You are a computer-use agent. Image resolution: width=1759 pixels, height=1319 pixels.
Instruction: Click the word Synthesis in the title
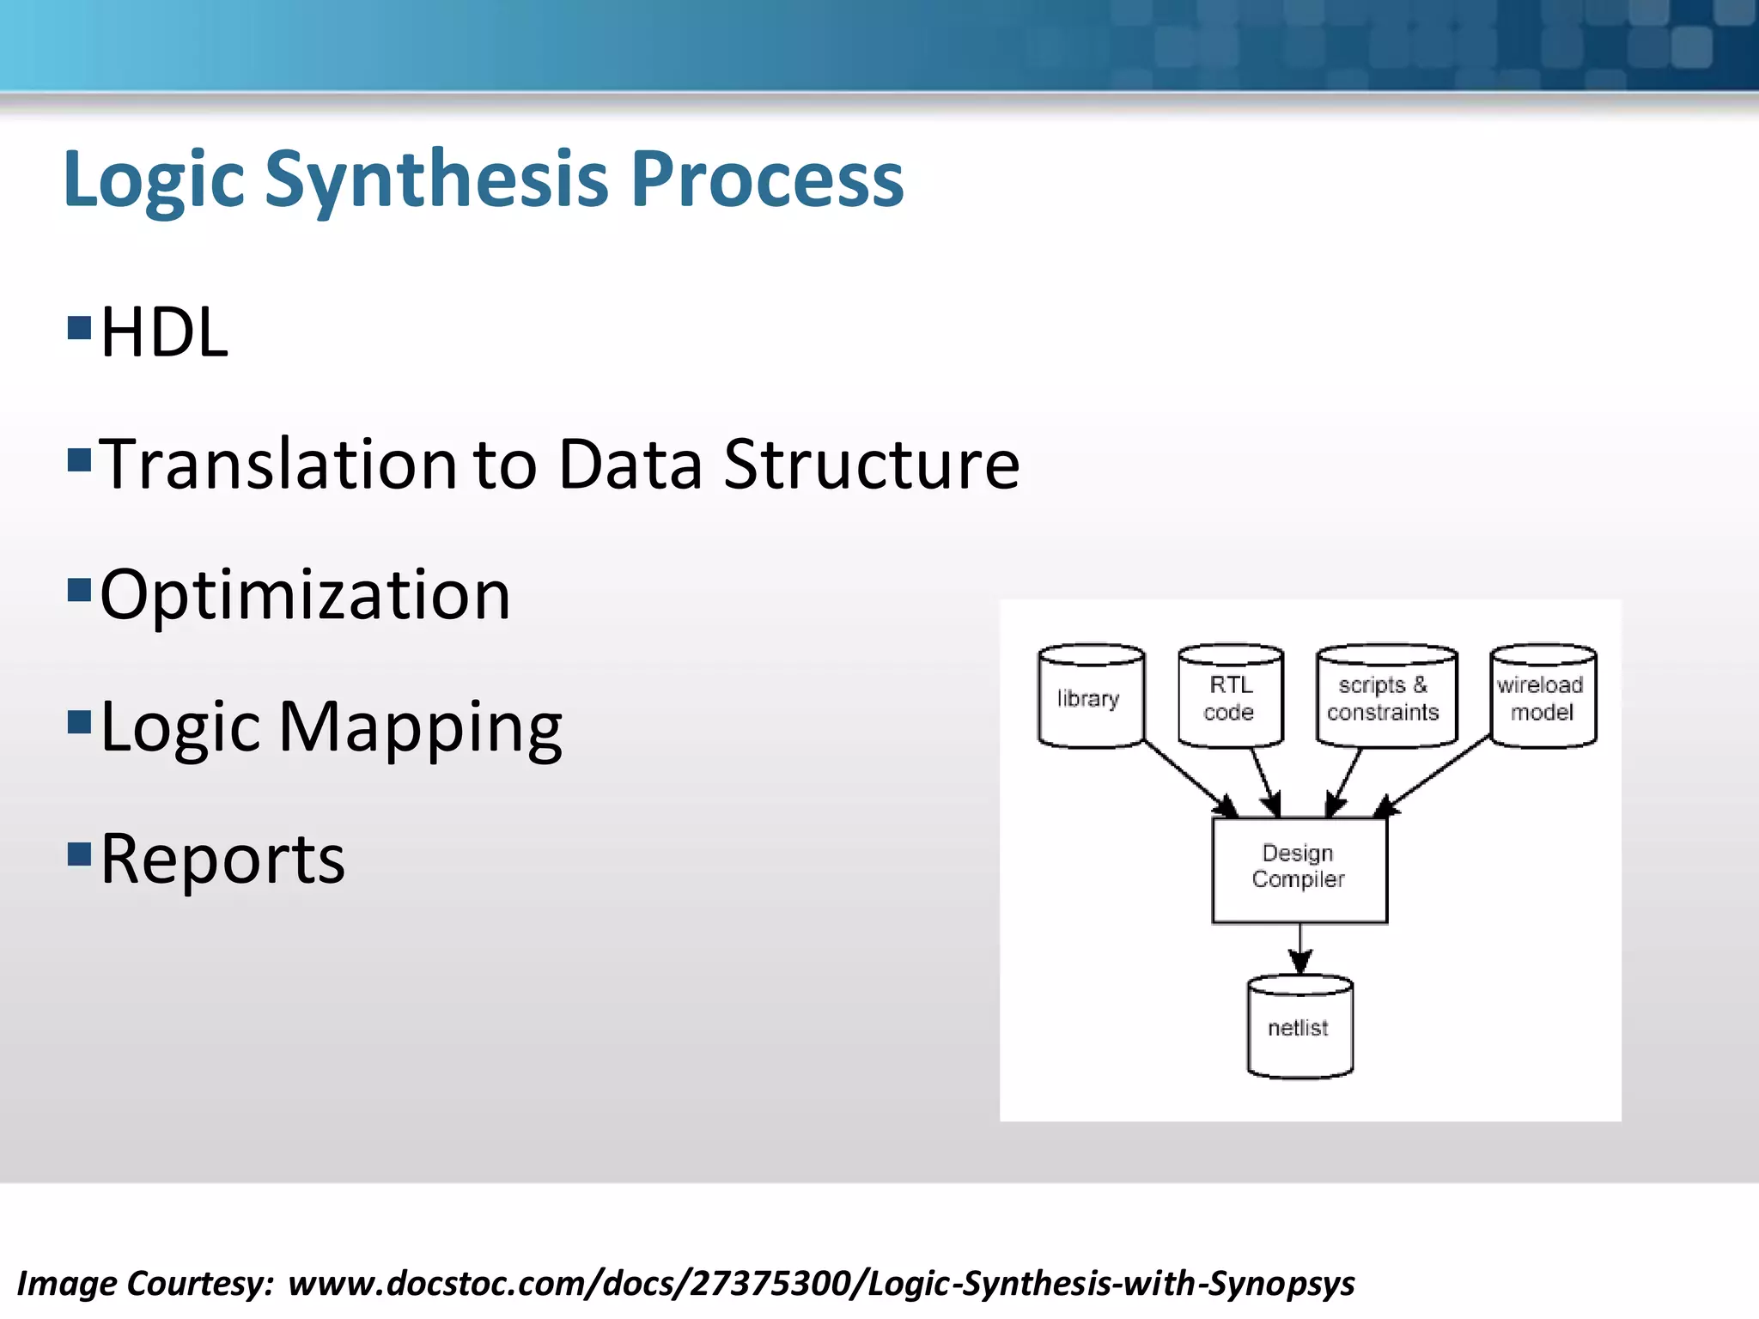437,179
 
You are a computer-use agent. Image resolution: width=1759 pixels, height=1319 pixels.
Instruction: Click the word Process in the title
767,179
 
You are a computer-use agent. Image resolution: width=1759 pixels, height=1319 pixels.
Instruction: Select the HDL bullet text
164,333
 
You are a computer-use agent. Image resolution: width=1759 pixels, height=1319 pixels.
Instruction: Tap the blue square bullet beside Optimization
79,590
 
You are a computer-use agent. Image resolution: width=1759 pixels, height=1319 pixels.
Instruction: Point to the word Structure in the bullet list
871,465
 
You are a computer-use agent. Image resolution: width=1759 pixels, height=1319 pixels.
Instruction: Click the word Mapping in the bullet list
420,728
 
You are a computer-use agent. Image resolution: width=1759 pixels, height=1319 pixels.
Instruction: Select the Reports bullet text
222,859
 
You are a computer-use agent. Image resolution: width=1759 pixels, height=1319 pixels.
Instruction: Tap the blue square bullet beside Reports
79,854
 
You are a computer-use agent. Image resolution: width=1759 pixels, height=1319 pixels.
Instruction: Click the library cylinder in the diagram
1090,697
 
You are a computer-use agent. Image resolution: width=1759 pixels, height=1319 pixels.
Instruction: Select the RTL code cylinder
1230,697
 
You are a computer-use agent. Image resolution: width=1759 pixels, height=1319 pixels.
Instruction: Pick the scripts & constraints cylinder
1385,697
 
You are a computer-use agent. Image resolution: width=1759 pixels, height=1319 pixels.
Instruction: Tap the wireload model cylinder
1543,697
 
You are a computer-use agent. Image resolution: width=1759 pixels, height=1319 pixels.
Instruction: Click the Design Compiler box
1299,869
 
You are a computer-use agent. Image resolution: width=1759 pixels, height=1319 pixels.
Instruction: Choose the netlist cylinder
1299,1027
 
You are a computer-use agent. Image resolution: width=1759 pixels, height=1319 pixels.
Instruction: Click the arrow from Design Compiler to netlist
1299,948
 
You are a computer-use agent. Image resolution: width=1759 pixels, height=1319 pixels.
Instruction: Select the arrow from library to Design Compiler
1190,780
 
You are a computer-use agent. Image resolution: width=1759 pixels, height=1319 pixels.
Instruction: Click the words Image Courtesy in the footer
144,1284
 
